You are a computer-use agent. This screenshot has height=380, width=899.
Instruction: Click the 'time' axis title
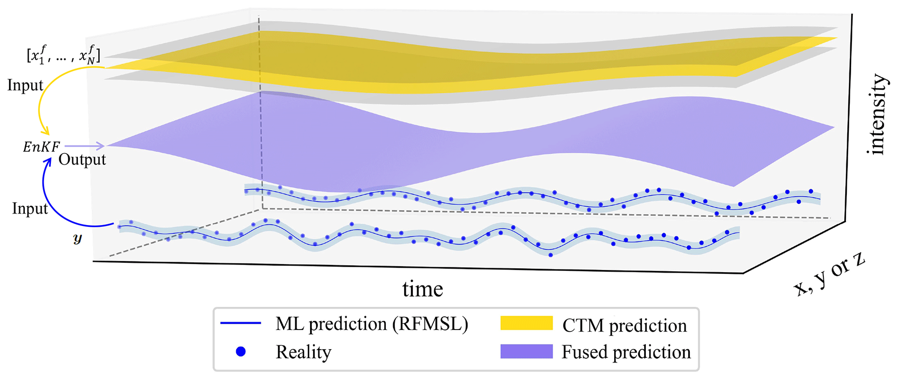[422, 289]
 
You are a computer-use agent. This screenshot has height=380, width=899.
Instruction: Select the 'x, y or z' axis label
[829, 275]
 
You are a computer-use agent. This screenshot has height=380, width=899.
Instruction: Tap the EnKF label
[41, 147]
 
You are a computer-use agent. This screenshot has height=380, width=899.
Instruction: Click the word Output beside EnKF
[82, 160]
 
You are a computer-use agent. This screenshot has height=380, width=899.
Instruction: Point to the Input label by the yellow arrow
[25, 85]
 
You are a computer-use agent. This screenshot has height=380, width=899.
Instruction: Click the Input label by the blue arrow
[30, 208]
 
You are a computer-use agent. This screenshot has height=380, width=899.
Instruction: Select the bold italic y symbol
[78, 238]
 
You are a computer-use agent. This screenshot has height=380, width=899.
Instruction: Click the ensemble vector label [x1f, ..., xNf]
[63, 54]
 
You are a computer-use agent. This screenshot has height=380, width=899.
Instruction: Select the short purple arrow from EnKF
[85, 146]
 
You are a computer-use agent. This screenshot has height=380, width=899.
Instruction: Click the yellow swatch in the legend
[526, 323]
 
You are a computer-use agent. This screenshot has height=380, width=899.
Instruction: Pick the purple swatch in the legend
[526, 351]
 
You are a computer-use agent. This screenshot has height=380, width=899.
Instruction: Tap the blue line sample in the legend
[241, 323]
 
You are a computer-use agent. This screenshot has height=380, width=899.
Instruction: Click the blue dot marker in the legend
[241, 351]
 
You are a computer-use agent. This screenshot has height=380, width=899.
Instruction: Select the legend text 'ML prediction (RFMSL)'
[372, 324]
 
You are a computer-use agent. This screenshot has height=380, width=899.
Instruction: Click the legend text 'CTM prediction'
[624, 326]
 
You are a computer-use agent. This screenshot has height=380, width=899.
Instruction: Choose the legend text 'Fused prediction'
[626, 352]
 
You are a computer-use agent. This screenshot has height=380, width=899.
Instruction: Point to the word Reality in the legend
[304, 352]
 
